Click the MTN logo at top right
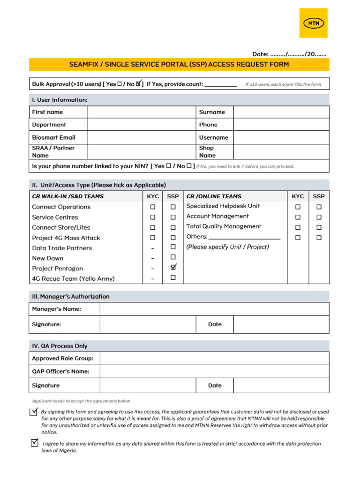(314, 23)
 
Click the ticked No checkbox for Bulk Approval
(139, 84)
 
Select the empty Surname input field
(281, 112)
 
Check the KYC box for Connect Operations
(153, 207)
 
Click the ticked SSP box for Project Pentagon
(173, 267)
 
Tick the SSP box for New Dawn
(173, 257)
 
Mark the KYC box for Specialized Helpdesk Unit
(298, 207)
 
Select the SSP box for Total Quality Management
(319, 227)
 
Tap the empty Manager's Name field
(214, 309)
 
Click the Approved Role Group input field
(214, 359)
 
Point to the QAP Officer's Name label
(60, 371)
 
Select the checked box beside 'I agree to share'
(34, 442)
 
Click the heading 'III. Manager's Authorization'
(71, 297)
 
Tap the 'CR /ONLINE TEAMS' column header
(214, 196)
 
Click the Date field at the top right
(295, 54)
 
